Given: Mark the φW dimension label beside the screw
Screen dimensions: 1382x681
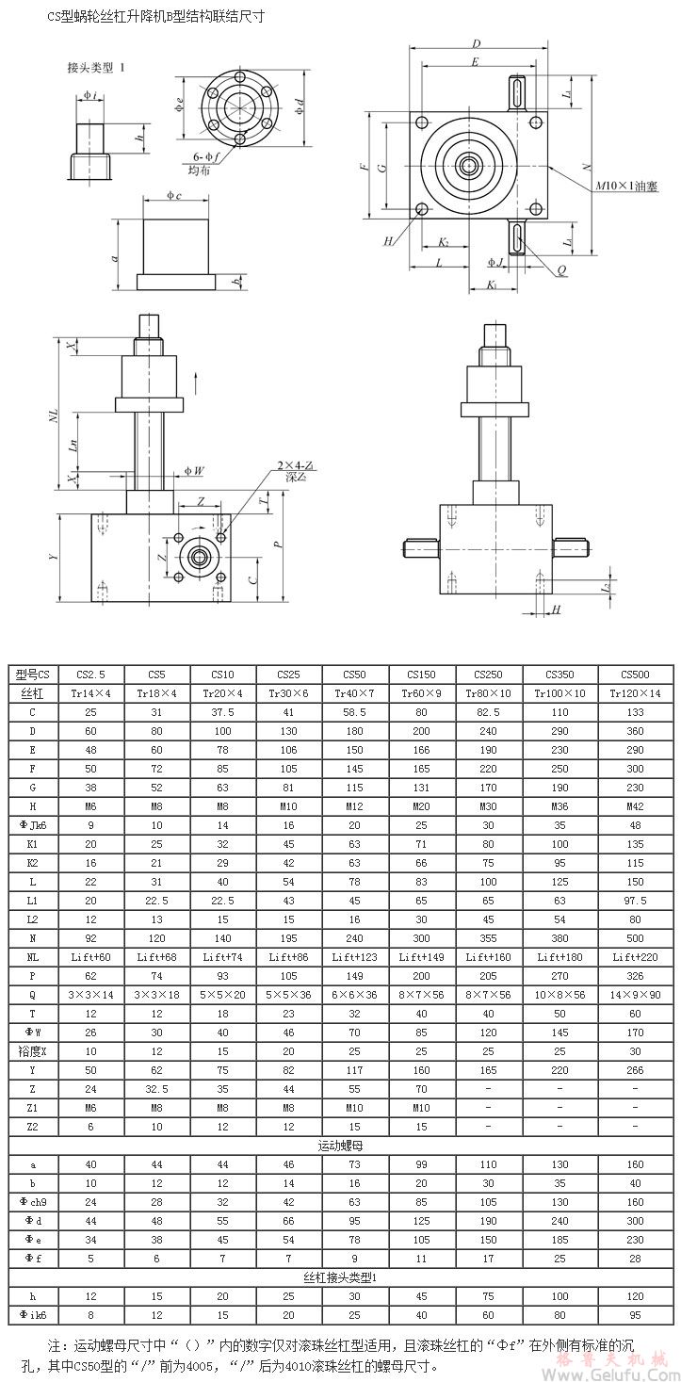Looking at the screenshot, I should [x=194, y=470].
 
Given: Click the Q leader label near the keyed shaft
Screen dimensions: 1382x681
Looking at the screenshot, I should [x=561, y=269].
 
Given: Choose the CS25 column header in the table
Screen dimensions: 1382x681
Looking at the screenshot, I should [x=288, y=675].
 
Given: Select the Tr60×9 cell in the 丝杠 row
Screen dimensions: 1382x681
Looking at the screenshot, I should [x=420, y=692].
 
